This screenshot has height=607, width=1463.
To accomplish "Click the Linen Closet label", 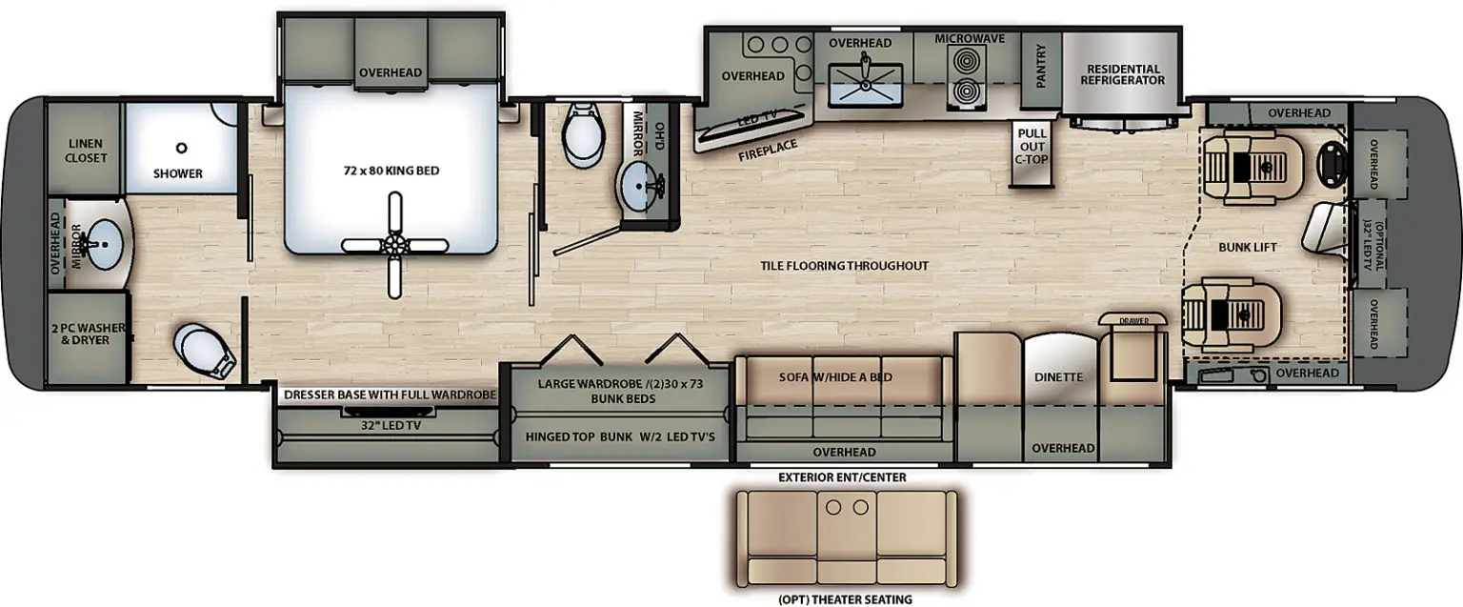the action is coord(86,151).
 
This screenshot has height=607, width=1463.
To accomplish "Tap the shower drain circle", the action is coord(182,149).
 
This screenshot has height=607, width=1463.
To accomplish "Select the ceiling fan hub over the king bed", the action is coord(394,245).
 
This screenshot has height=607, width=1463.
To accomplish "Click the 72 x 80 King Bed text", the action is coord(391,171).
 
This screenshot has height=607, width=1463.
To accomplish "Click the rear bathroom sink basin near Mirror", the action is coord(104,244).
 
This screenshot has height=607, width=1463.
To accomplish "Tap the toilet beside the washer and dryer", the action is coord(203,351).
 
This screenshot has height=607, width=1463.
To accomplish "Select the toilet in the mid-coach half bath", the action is coord(583,134).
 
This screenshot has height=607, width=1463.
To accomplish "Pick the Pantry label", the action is coord(1041,66).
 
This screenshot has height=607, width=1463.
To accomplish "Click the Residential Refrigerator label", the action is coord(1123,74).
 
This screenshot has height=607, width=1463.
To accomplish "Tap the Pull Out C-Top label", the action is coord(1032,147).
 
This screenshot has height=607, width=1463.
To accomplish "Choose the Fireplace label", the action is coord(768,151).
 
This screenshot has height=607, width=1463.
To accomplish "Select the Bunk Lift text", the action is coord(1248,247).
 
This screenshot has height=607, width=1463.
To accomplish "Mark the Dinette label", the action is coord(1059,377).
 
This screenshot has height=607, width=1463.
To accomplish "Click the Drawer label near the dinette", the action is coord(1133,321).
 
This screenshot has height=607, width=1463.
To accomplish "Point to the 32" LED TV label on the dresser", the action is coord(391,425).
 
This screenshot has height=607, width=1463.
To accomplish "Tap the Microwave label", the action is coord(970,38).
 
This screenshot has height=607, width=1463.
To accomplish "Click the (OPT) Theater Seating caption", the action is coord(845,599).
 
